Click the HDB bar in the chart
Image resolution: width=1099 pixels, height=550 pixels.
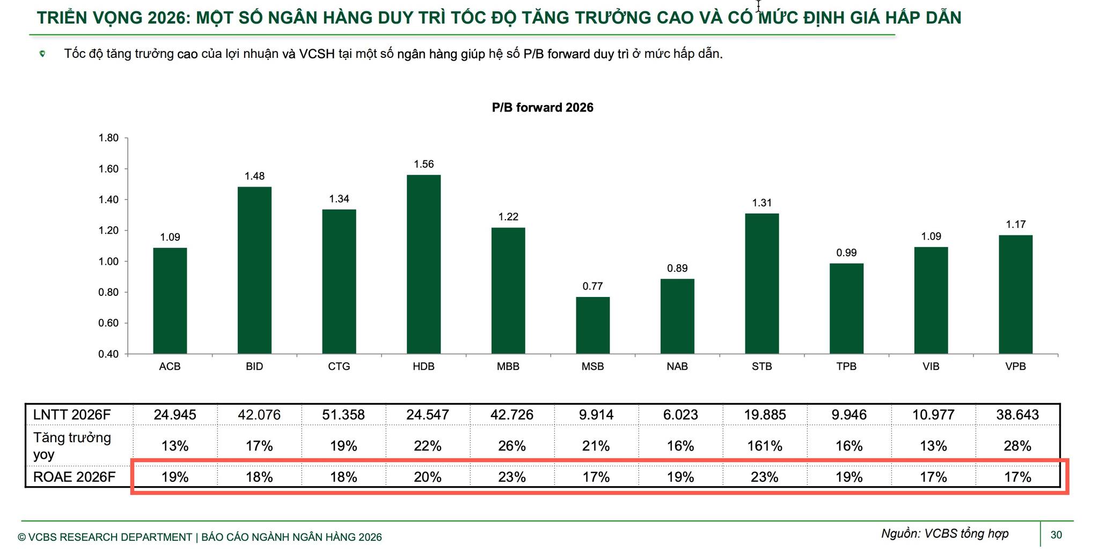[x=423, y=264]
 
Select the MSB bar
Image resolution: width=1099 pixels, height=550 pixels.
[x=592, y=325]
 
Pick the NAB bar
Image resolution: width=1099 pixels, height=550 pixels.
[x=677, y=316]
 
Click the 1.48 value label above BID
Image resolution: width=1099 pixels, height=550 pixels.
[x=254, y=176]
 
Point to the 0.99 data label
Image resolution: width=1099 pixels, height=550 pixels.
[x=846, y=253]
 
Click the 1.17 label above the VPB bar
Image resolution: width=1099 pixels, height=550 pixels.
[x=1015, y=225]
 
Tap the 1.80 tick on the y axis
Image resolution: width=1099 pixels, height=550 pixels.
[x=108, y=138]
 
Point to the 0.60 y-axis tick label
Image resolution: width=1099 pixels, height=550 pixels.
[x=108, y=323]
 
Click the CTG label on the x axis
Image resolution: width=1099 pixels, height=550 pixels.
[x=339, y=367]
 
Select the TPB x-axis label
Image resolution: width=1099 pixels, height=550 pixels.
[x=846, y=367]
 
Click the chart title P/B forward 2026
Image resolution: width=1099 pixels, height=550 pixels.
[x=543, y=108]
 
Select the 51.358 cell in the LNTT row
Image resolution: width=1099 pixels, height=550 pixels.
[x=343, y=415]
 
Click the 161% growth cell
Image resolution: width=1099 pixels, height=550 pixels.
[x=765, y=446]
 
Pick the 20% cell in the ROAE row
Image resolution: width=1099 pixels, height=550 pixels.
[x=428, y=477]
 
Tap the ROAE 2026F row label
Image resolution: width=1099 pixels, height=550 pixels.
[x=74, y=477]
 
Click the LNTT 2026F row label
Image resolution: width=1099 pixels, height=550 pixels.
[x=72, y=415]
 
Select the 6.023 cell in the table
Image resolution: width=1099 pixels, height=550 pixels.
[x=680, y=415]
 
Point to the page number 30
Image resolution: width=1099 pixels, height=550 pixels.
[x=1056, y=535]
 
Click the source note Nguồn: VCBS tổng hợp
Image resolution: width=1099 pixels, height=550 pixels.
[x=944, y=534]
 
